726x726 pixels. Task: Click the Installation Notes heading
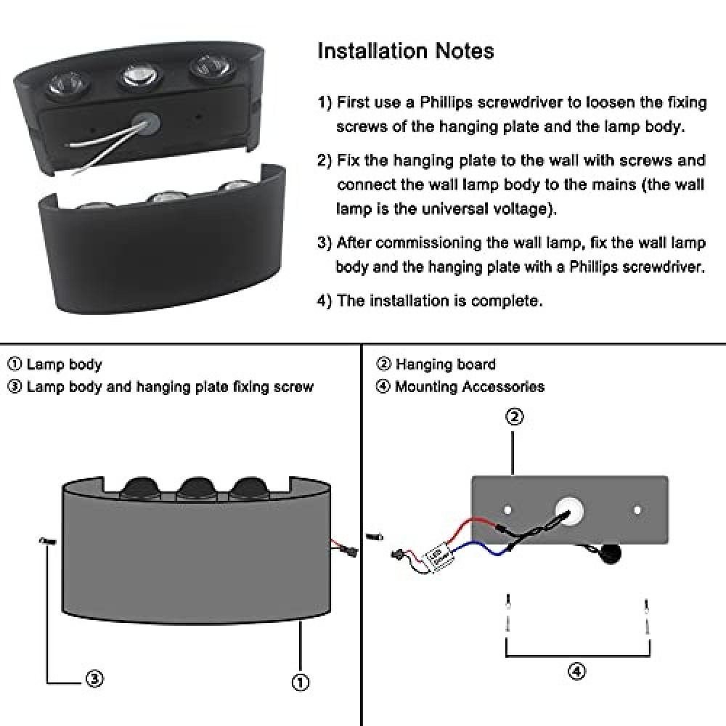click(x=406, y=51)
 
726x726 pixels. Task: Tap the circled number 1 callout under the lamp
click(x=300, y=682)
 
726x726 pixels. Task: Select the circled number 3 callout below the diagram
click(x=94, y=679)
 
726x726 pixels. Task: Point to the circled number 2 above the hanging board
click(x=515, y=417)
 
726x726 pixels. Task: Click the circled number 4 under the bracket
click(x=576, y=671)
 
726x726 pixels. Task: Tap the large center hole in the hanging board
click(x=569, y=510)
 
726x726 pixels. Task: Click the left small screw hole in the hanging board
click(x=507, y=510)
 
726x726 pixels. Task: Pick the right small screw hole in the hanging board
click(x=637, y=510)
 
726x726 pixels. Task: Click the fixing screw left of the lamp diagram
click(x=48, y=540)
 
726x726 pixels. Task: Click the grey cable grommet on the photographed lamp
click(x=147, y=123)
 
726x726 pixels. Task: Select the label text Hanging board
click(x=446, y=364)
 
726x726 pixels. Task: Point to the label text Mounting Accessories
click(x=470, y=387)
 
